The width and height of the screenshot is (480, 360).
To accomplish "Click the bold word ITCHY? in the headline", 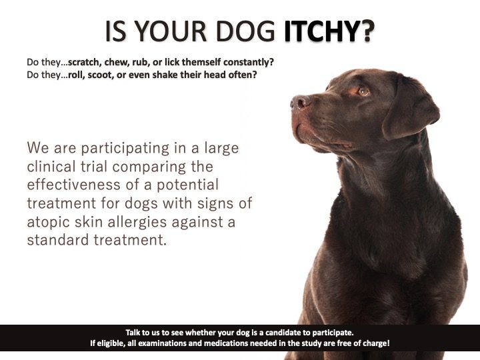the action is point(329,31).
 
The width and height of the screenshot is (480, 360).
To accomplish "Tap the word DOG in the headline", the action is point(245,31).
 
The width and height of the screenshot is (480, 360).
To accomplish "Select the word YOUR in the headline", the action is point(171,31).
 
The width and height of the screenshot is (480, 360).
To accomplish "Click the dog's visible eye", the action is point(363,91).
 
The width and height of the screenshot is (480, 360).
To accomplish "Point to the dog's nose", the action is point(299,103).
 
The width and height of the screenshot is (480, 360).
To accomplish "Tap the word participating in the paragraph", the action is point(125,149).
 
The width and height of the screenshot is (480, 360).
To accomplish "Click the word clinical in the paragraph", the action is point(51,167).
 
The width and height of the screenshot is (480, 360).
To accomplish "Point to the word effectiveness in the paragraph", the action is point(73,185).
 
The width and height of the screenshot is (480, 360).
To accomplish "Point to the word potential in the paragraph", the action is point(187,185).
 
